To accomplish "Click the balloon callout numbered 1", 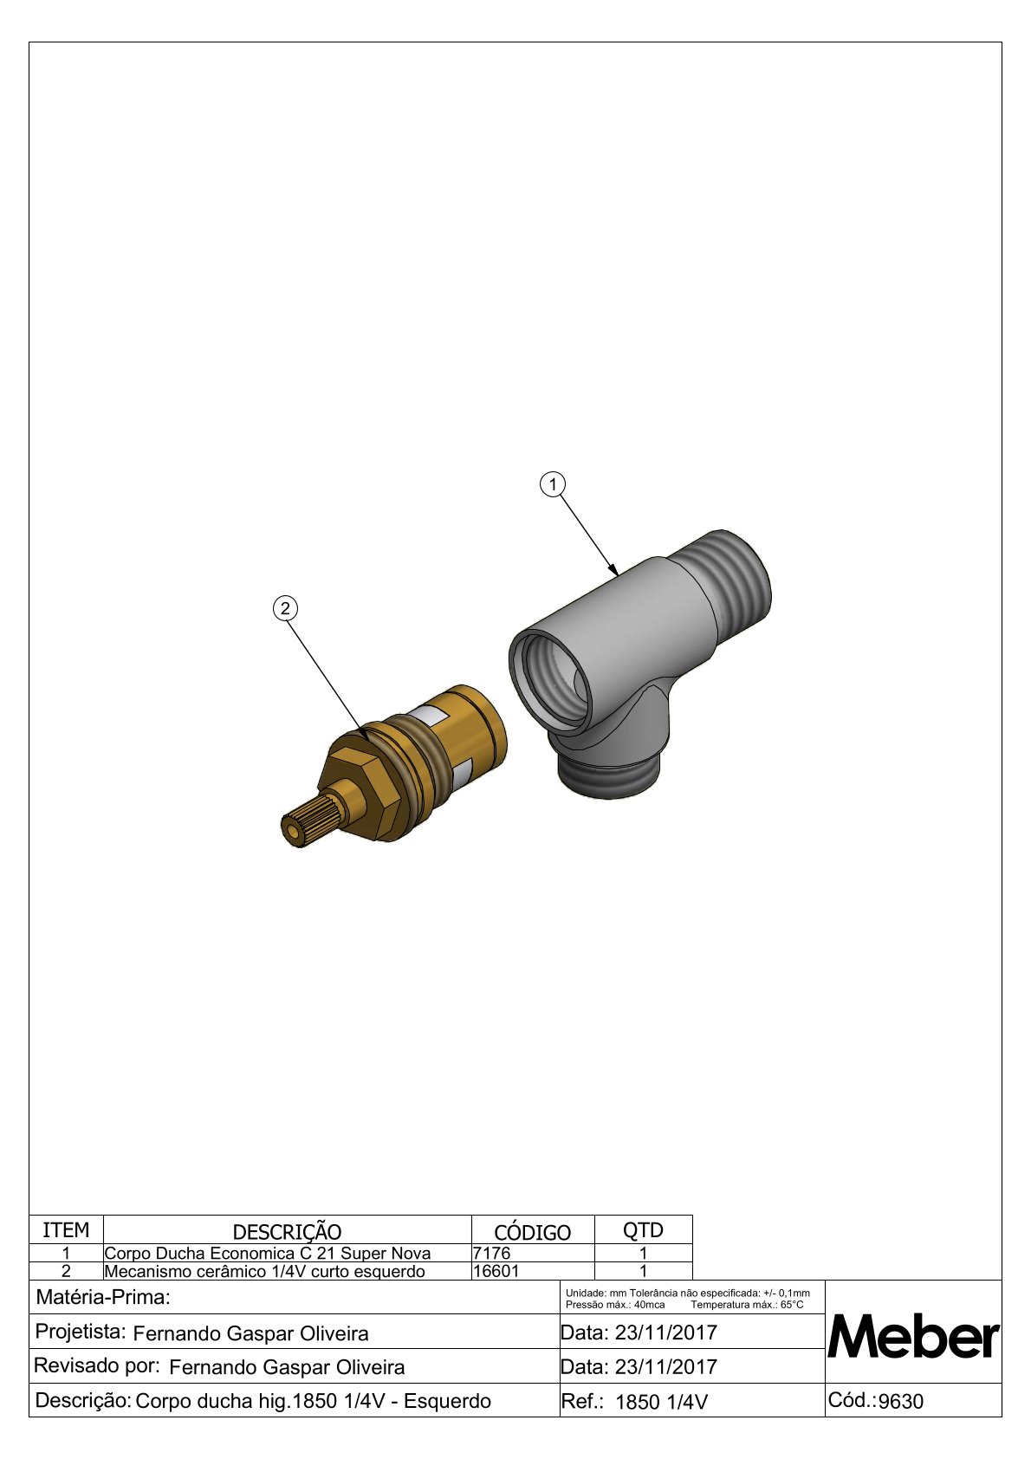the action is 553,484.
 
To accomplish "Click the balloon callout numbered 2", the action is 285,609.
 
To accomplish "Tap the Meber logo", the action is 912,1339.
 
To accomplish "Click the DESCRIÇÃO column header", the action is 287,1232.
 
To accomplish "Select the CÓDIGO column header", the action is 532,1232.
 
